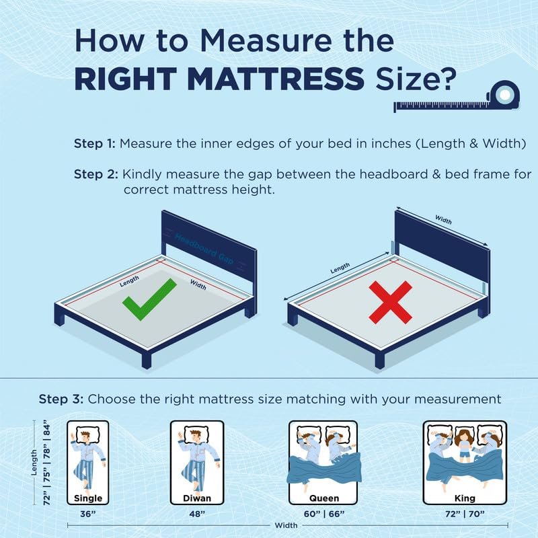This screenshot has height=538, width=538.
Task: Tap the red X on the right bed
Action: click(391, 302)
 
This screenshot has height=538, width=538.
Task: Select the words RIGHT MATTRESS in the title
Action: click(219, 79)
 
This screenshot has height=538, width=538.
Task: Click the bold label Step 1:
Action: click(95, 143)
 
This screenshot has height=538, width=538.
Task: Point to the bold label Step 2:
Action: click(96, 174)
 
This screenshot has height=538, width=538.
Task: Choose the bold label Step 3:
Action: click(61, 399)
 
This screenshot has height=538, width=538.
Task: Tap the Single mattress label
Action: click(88, 498)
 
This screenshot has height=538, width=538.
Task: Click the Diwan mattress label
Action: click(197, 498)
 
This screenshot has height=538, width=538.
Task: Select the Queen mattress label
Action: click(324, 498)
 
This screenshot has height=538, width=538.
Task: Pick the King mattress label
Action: click(465, 498)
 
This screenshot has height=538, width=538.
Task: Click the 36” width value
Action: click(88, 514)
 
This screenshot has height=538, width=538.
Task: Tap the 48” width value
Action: click(197, 514)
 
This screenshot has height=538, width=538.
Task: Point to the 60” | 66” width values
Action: click(324, 514)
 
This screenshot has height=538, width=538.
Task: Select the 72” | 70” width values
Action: click(465, 514)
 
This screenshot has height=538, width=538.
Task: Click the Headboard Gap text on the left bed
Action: click(204, 249)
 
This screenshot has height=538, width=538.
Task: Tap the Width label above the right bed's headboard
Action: click(443, 219)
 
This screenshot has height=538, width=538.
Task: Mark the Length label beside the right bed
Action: click(340, 268)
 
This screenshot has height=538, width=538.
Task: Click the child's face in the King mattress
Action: click(465, 439)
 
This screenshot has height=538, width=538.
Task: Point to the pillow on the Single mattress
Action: click(88, 435)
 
